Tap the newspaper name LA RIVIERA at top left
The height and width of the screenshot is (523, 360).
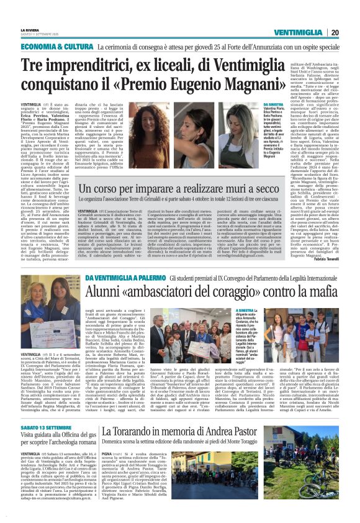pyautogui.click(x=30, y=29)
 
